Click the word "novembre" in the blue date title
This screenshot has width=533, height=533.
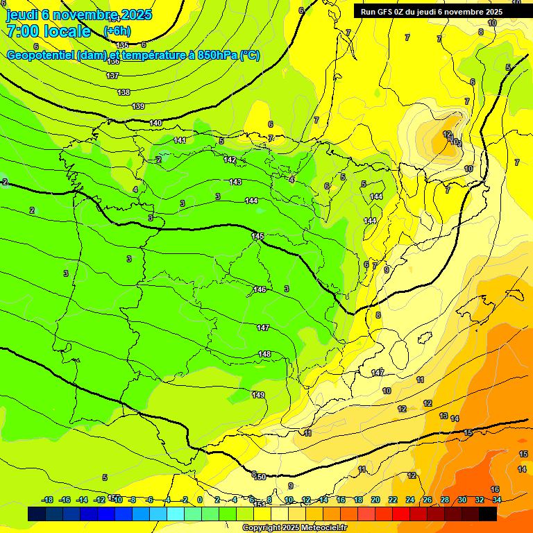point(85,15)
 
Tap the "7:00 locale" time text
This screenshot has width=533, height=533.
point(49,31)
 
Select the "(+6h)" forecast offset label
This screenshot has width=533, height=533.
point(117,31)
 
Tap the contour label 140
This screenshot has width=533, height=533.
point(155,123)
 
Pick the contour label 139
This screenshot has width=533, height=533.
point(138,106)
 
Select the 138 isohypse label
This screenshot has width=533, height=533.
point(124,92)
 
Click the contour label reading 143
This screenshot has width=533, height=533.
point(235,182)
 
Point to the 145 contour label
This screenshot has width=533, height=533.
point(257,237)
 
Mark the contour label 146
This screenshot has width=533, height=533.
point(260,289)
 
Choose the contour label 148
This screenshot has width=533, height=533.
point(264,354)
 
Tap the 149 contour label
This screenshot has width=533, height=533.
point(258,395)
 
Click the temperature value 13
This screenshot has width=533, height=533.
point(443,416)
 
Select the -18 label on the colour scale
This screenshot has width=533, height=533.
point(47,500)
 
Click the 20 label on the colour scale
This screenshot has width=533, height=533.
point(375,500)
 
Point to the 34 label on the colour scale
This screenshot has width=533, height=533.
point(497,500)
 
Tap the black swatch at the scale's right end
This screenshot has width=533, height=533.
point(488,514)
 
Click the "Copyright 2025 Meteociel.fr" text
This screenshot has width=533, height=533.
point(294,527)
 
